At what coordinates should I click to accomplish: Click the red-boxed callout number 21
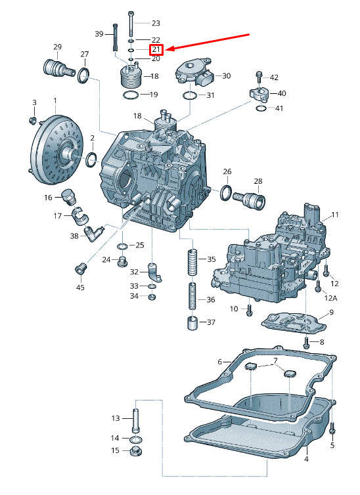click(x=156, y=49)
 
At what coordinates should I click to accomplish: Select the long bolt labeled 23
click(x=131, y=24)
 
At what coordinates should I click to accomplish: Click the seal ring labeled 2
click(x=91, y=160)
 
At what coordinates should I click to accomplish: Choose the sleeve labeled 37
click(x=192, y=322)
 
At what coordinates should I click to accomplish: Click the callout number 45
click(x=81, y=288)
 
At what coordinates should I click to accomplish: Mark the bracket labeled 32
click(x=155, y=272)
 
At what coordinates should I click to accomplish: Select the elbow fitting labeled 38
click(x=93, y=233)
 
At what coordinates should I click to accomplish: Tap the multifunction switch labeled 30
click(x=195, y=72)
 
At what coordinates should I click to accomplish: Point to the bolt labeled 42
click(x=258, y=77)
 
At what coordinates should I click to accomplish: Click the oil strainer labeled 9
click(x=294, y=322)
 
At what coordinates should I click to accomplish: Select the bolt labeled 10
click(x=249, y=310)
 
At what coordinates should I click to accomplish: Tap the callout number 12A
click(x=331, y=297)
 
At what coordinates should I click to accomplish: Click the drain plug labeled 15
click(x=136, y=450)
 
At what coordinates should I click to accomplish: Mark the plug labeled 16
click(x=70, y=196)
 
